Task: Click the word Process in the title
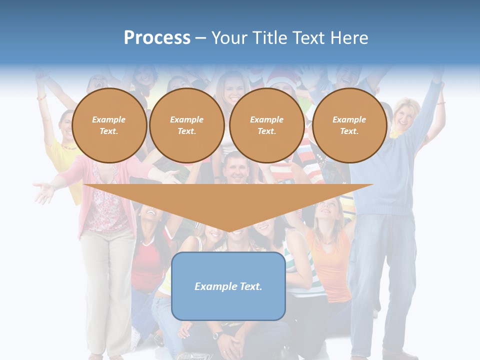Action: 157,37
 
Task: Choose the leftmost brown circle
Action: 109,125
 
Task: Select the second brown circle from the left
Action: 186,125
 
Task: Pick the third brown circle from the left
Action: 266,125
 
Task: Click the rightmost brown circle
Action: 349,125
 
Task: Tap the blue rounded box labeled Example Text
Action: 228,286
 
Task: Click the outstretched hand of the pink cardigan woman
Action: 44,192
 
